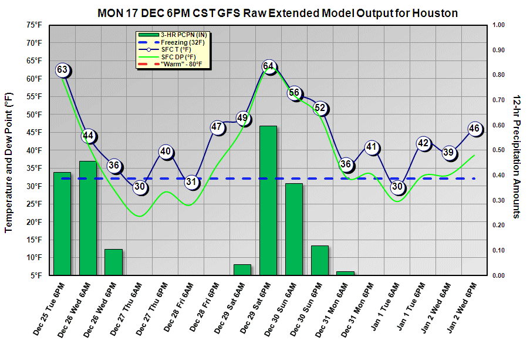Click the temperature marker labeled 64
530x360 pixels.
click(269, 66)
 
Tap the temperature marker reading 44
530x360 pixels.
click(88, 136)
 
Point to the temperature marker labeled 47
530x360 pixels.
click(217, 127)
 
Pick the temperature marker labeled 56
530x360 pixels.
click(295, 93)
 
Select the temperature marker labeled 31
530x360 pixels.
click(191, 182)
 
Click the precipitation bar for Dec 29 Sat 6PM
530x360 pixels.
click(269, 200)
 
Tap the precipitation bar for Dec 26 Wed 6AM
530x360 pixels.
click(88, 218)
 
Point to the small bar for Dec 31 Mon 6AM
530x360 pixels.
click(346, 273)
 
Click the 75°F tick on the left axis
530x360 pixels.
click(33, 25)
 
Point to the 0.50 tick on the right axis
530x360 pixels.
click(498, 150)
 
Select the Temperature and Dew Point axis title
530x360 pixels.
click(9, 162)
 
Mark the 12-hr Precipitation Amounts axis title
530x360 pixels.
click(518, 156)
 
